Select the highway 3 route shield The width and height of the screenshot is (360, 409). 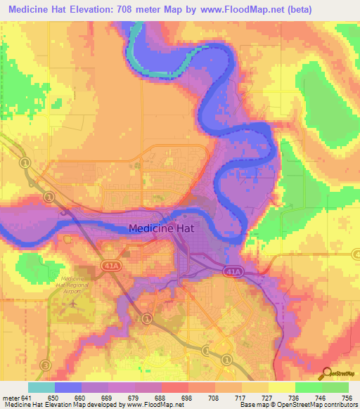tap(46, 364)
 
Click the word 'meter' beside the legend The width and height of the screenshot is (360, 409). tap(11, 397)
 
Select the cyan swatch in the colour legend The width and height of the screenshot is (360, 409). tap(41, 387)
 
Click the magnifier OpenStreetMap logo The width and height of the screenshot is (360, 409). tap(326, 373)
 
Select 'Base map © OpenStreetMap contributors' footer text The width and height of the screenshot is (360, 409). tap(298, 405)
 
